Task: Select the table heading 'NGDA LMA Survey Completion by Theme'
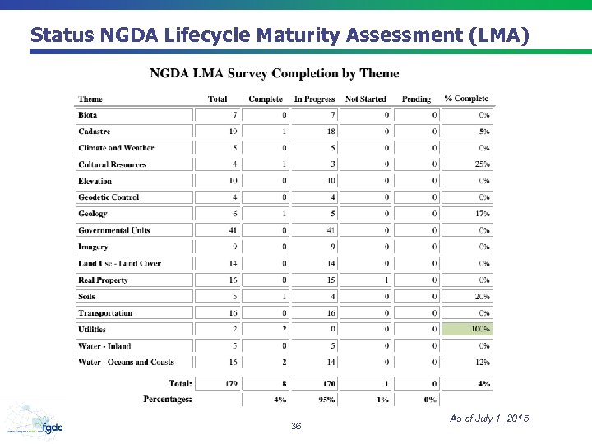pyautogui.click(x=275, y=73)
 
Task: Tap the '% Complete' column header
pyautogui.click(x=466, y=99)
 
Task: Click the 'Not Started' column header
pyautogui.click(x=366, y=99)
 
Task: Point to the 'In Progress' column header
pyautogui.click(x=314, y=99)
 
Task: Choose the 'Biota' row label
pyautogui.click(x=88, y=115)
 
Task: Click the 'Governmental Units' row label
pyautogui.click(x=114, y=230)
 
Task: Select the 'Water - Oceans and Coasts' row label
pyautogui.click(x=126, y=362)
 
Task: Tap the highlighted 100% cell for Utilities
pyautogui.click(x=468, y=329)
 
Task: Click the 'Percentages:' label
pyautogui.click(x=167, y=400)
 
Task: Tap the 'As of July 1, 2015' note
pyautogui.click(x=489, y=419)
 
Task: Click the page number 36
pyautogui.click(x=296, y=426)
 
